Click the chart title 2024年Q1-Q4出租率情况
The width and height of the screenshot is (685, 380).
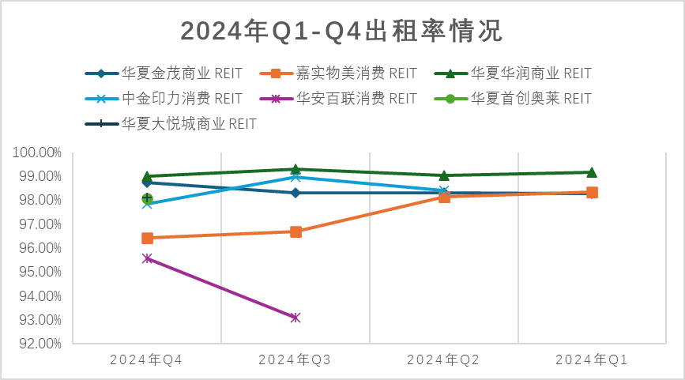341,31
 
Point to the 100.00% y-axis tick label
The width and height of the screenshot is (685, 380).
38,152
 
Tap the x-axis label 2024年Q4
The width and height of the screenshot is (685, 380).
146,360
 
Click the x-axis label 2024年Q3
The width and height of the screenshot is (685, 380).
295,360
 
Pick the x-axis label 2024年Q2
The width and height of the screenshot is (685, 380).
443,360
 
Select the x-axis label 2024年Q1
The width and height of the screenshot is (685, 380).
592,360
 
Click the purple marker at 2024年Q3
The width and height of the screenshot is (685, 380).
295,318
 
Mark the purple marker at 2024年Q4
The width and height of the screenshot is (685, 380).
147,258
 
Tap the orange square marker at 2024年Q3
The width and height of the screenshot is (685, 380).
295,231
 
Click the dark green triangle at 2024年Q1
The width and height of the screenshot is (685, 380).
592,171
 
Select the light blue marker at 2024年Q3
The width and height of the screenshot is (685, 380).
295,177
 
